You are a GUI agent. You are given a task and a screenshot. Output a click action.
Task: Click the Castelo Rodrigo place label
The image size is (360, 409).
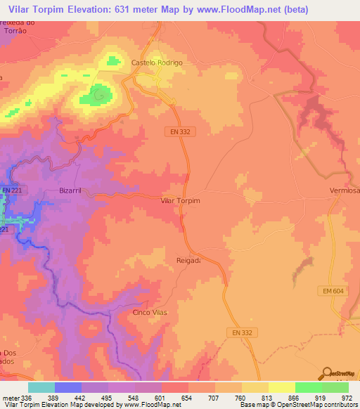pos(157,63)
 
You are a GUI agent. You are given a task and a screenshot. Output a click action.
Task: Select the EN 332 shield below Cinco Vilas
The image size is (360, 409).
pos(242,332)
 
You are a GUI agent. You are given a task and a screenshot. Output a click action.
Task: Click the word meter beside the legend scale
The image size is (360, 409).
pos(11,398)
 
